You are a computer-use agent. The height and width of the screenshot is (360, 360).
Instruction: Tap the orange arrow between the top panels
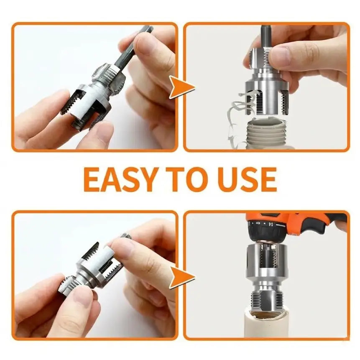tap(182, 87)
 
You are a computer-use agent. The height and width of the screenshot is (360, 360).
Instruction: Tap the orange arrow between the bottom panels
tap(182, 277)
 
